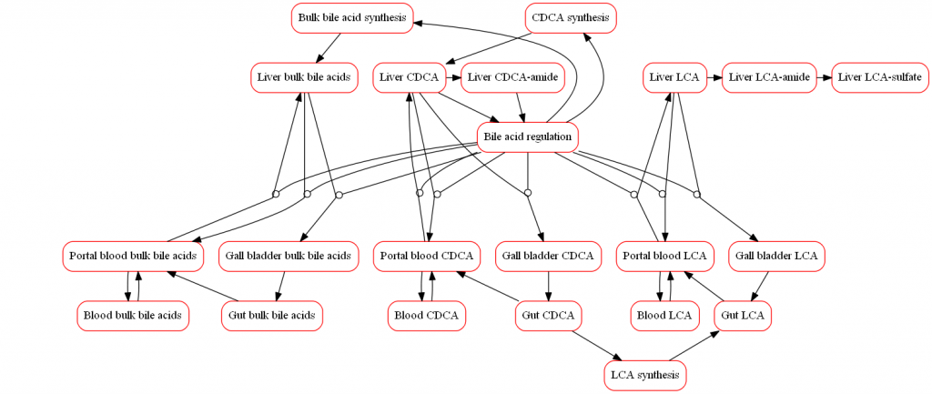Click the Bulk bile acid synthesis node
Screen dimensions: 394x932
[351, 18]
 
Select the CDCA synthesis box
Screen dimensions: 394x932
[571, 18]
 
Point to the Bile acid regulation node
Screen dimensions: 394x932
[528, 137]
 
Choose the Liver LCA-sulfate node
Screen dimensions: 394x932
[879, 77]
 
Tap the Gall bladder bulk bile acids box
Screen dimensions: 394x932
[287, 256]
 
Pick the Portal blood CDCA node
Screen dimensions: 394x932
[427, 256]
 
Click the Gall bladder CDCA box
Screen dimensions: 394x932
[548, 256]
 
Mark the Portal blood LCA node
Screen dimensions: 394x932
[665, 256]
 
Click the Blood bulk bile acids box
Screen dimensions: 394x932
[132, 316]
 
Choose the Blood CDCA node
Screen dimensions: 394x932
[427, 316]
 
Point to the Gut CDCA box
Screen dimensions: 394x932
[548, 316]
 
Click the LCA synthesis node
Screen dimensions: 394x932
[645, 375]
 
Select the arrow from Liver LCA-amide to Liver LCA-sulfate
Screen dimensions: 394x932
[826, 77]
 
